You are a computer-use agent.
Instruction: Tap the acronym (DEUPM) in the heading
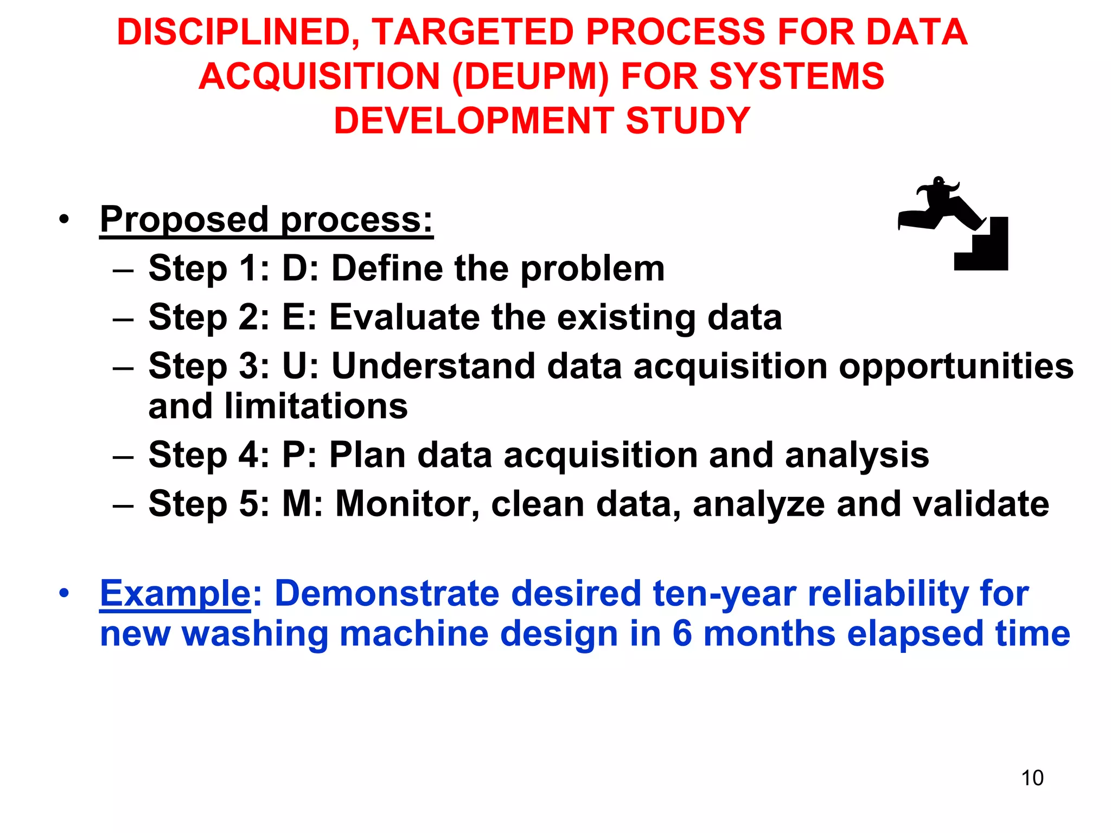click(x=531, y=76)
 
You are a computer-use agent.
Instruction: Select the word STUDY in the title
click(x=688, y=120)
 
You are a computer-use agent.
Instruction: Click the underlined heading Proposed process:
click(x=266, y=219)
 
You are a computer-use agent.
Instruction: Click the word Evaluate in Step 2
click(x=404, y=317)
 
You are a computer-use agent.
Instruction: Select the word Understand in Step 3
click(x=433, y=366)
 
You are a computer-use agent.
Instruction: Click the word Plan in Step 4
click(x=367, y=454)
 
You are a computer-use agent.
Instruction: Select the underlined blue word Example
click(x=175, y=593)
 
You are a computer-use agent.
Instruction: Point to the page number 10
click(x=1032, y=778)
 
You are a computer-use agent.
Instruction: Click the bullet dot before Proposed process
click(x=65, y=220)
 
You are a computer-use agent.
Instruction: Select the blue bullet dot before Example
click(x=65, y=593)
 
